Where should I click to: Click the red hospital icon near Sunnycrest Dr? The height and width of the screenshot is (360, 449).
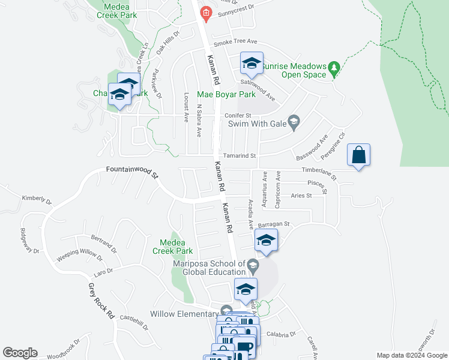pos(206,13)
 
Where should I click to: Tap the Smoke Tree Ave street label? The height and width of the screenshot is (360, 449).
pos(235,42)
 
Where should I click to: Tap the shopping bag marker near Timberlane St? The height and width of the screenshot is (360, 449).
pos(358,155)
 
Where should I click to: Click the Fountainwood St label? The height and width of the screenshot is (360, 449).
pos(132,173)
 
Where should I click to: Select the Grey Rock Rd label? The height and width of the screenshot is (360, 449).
pos(101,301)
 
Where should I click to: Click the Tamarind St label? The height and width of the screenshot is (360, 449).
pos(241,155)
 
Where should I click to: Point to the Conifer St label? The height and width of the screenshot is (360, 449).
pos(237,115)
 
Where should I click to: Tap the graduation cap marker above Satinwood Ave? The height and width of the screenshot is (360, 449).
pos(252,63)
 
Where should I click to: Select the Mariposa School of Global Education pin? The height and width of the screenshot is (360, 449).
pos(253,265)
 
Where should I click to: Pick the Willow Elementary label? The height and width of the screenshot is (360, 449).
pos(184,314)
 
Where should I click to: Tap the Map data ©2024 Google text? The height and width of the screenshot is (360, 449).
pos(411,355)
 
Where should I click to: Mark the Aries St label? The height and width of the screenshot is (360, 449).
pos(301,196)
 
